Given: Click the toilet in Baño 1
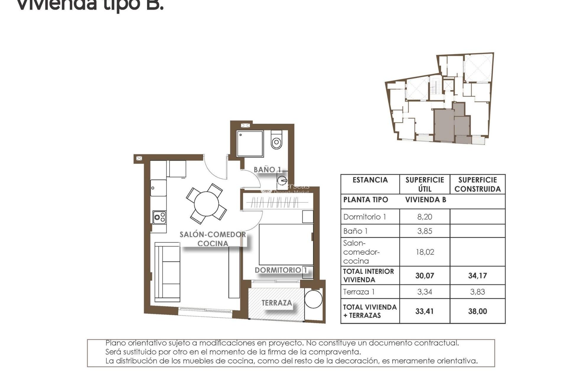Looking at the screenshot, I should pyautogui.click(x=276, y=141).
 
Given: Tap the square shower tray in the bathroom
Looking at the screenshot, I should pyautogui.click(x=250, y=144).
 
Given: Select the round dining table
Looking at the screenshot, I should pyautogui.click(x=206, y=204).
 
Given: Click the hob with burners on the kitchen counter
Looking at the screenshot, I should pyautogui.click(x=159, y=218).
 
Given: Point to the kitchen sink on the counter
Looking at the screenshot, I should pyautogui.click(x=158, y=188).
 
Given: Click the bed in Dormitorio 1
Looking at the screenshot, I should pyautogui.click(x=286, y=245).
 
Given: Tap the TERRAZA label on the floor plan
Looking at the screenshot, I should pyautogui.click(x=276, y=303).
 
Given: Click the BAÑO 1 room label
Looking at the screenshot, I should pyautogui.click(x=267, y=170).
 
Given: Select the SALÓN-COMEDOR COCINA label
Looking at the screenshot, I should pyautogui.click(x=213, y=239).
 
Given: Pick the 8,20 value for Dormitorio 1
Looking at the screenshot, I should pyautogui.click(x=424, y=217).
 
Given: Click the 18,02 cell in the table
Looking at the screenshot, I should pyautogui.click(x=424, y=252).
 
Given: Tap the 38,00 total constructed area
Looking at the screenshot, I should pyautogui.click(x=477, y=311).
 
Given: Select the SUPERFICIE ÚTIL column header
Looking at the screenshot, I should pyautogui.click(x=424, y=184).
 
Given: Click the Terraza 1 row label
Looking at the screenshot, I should pyautogui.click(x=359, y=292).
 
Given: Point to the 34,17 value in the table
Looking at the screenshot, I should pyautogui.click(x=477, y=276).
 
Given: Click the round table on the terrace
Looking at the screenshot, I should pyautogui.click(x=313, y=299).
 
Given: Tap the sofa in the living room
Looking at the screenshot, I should pyautogui.click(x=167, y=272).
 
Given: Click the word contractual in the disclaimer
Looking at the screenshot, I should pyautogui.click(x=436, y=343).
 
